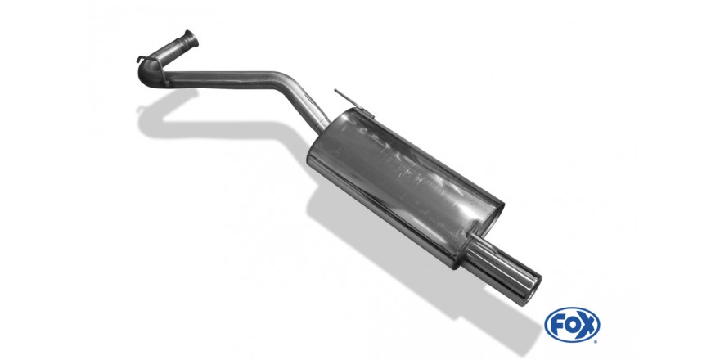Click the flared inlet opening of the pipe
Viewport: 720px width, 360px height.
tap(191, 39)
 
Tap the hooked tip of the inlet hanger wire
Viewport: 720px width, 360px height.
tap(138, 59)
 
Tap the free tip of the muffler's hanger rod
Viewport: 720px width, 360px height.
tap(336, 91)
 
